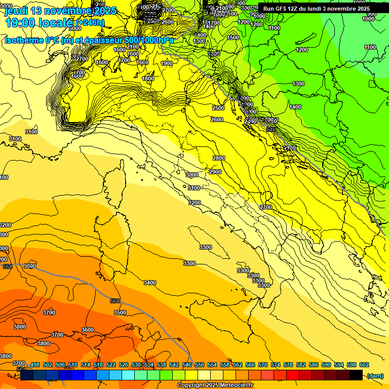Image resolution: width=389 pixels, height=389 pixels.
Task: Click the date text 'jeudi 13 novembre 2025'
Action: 60,10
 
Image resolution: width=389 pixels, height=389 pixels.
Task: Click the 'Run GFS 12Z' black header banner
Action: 316,8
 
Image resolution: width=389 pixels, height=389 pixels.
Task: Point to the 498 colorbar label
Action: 35,365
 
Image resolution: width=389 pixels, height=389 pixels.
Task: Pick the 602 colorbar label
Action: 364,365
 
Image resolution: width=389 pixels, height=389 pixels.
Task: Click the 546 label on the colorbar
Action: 187,365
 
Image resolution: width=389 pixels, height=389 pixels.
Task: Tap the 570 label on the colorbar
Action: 263,365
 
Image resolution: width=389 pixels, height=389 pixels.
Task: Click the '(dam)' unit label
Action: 375,375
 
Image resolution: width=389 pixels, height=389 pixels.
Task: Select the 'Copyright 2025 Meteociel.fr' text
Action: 215,385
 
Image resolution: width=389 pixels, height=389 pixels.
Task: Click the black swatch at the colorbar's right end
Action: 356,375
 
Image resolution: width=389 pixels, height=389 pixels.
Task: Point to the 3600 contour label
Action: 87,330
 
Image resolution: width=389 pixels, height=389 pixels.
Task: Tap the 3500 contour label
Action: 120,313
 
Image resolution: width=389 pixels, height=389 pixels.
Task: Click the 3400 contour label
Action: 150,282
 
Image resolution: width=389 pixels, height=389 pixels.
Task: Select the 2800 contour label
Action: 218,158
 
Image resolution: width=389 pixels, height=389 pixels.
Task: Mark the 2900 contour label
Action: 215,172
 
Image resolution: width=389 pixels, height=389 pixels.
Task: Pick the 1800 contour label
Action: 148,79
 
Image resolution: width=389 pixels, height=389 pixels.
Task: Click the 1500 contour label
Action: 233,37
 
